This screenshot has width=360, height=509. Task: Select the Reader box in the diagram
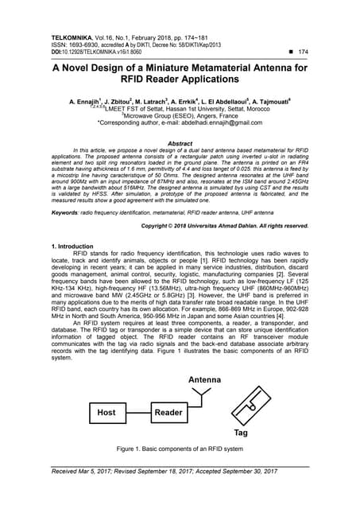point(168,413)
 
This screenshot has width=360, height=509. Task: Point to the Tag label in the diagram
point(240,433)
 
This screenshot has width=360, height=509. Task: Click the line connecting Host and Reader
point(136,413)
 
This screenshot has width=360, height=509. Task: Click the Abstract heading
point(180,143)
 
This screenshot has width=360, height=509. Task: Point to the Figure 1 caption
point(180,449)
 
